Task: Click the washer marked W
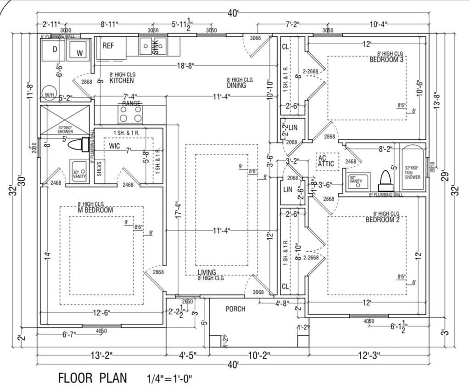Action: tap(79, 51)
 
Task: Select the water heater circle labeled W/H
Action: tap(49, 93)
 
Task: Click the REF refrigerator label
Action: tap(108, 45)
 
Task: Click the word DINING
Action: tap(236, 85)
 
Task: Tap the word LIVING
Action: tap(207, 273)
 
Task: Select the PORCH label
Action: tap(235, 309)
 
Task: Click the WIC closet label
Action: tap(114, 146)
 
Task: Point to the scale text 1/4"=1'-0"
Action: tap(168, 378)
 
